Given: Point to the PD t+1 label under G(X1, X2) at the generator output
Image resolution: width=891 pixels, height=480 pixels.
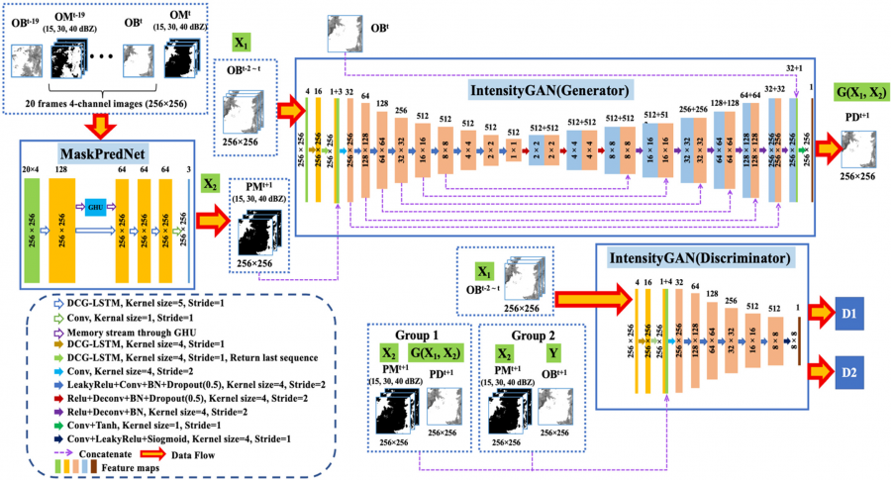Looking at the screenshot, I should click(x=858, y=116).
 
